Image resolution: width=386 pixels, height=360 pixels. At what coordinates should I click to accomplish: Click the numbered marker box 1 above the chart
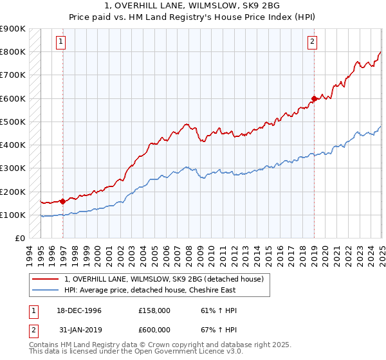tap(61, 42)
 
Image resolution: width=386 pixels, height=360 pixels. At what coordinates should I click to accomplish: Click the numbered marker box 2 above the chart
tap(312, 42)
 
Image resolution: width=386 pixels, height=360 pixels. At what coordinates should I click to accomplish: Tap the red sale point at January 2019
tap(314, 98)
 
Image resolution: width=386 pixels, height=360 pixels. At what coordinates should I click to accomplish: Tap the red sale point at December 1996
tap(63, 201)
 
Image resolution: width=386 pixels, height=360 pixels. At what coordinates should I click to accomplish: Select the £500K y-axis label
tap(13, 122)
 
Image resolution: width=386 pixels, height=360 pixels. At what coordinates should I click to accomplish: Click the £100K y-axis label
tap(13, 215)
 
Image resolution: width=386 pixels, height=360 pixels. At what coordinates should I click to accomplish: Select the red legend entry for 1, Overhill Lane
tap(164, 279)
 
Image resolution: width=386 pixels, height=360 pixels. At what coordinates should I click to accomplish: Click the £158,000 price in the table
tap(154, 310)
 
